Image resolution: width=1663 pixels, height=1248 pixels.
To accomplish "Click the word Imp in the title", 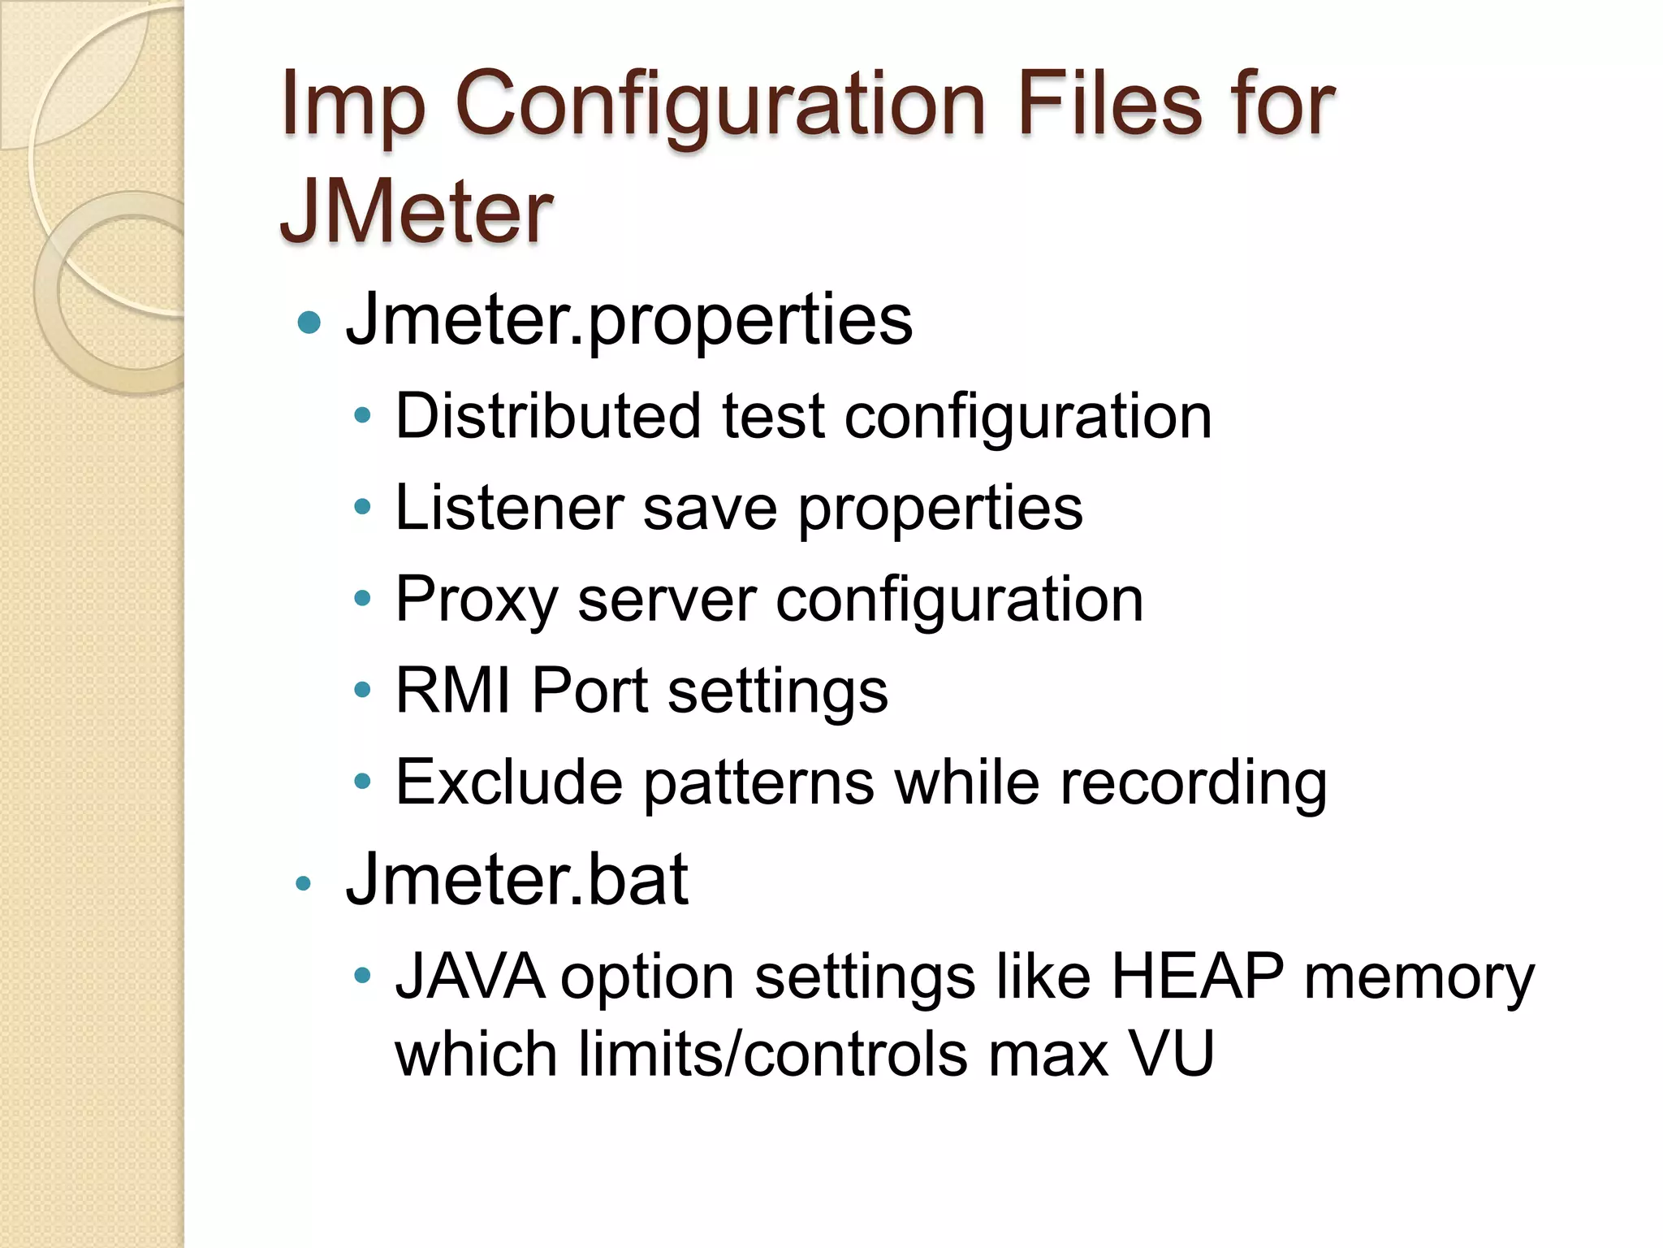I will click(x=352, y=106).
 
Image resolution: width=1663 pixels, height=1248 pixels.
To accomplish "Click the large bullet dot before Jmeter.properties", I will click(x=309, y=323).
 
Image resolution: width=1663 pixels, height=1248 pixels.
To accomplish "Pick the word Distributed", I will click(x=548, y=416).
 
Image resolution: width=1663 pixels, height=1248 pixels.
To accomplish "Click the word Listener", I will click(x=509, y=508).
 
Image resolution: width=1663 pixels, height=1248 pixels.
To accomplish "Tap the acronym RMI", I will click(x=453, y=691).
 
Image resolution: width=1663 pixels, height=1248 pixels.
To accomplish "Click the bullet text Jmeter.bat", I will click(x=516, y=879).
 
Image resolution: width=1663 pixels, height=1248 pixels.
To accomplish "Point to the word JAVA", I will click(x=469, y=976).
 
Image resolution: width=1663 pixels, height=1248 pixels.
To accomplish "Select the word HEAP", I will click(x=1198, y=976).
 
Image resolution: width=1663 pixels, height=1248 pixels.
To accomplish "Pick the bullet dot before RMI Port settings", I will click(x=362, y=691).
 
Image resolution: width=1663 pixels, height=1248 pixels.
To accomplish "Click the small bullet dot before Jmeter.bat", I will click(x=304, y=883).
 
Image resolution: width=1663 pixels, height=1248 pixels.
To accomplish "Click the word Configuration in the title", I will click(x=720, y=106).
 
